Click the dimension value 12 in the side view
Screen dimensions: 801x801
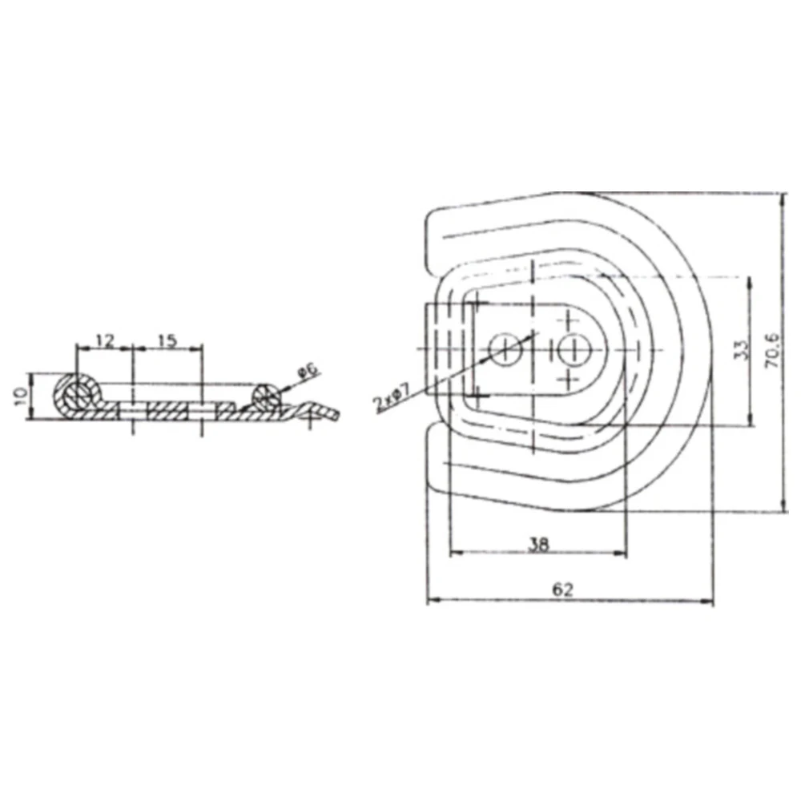(103, 340)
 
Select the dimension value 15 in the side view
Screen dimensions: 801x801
(167, 340)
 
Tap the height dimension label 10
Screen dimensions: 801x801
(22, 396)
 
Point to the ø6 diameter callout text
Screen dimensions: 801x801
(307, 371)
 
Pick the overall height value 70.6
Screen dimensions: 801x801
(771, 349)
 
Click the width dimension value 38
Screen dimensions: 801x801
(538, 544)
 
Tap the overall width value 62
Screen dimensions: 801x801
(563, 590)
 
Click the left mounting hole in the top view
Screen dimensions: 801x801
(505, 350)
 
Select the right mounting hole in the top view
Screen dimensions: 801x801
(570, 350)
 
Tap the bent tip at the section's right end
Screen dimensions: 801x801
(329, 414)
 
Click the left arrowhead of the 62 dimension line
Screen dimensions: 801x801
(430, 601)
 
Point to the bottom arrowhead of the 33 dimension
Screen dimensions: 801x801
(750, 422)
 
